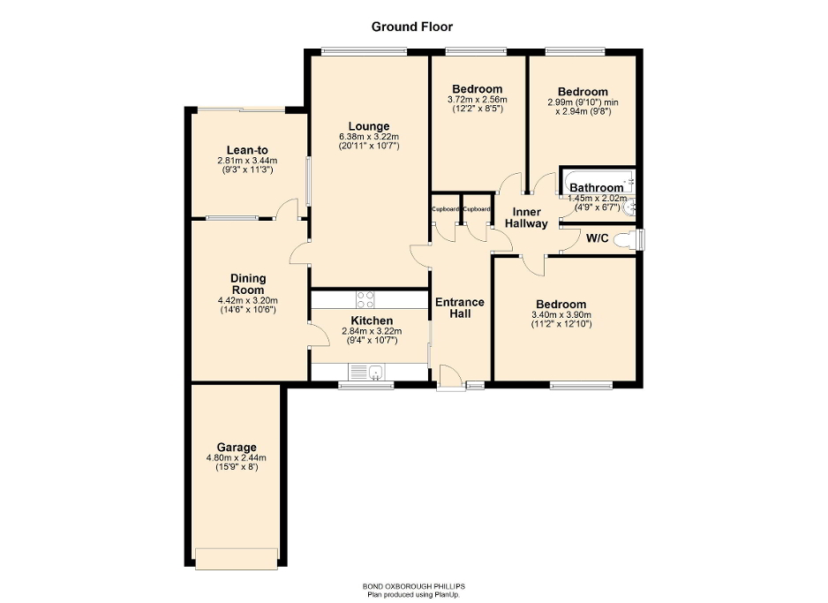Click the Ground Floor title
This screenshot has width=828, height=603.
pos(411,26)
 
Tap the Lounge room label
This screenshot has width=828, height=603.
pos(369,126)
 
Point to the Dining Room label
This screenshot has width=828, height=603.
pos(248,284)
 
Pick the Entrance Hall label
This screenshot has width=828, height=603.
pos(460,308)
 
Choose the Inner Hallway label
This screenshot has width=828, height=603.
pos(526,217)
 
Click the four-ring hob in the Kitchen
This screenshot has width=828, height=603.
pos(365,299)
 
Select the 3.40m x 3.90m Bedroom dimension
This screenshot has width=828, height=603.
pos(561,315)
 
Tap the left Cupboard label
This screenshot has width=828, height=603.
pos(446,209)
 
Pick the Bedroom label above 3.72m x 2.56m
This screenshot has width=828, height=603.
pos(478,89)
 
